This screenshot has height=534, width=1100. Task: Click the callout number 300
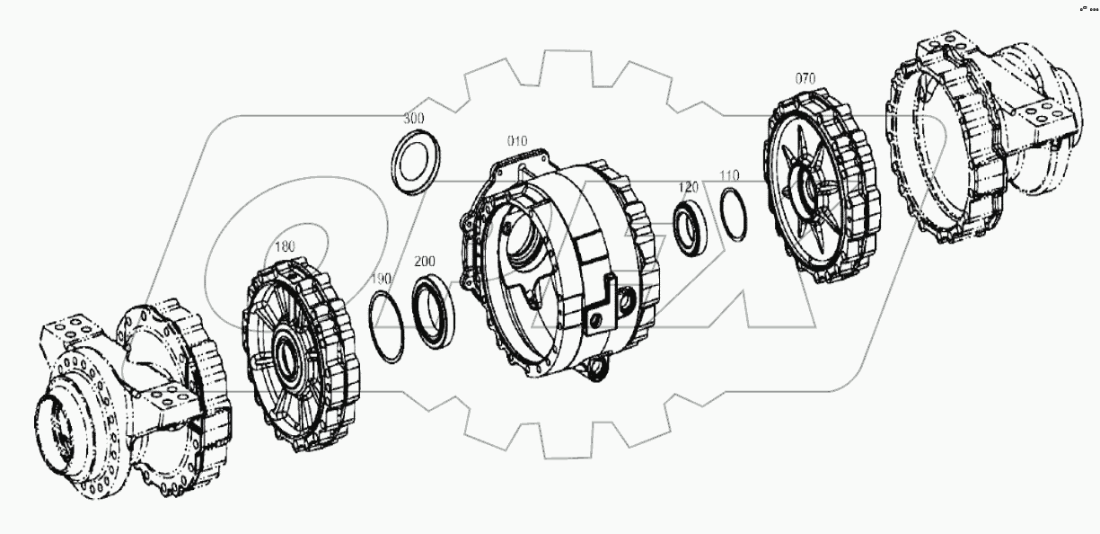pos(414,119)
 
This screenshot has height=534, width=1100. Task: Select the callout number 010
pos(517,141)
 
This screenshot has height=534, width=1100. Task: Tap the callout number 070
pos(805,78)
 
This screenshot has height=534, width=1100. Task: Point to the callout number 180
pos(284,245)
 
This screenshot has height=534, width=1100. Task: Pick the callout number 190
pos(382,280)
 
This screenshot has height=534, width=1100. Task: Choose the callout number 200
pos(425,262)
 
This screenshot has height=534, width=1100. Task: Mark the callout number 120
pos(689,187)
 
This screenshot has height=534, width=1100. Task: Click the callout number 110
pos(728,174)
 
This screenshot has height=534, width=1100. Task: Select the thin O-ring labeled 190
pos(388,328)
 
